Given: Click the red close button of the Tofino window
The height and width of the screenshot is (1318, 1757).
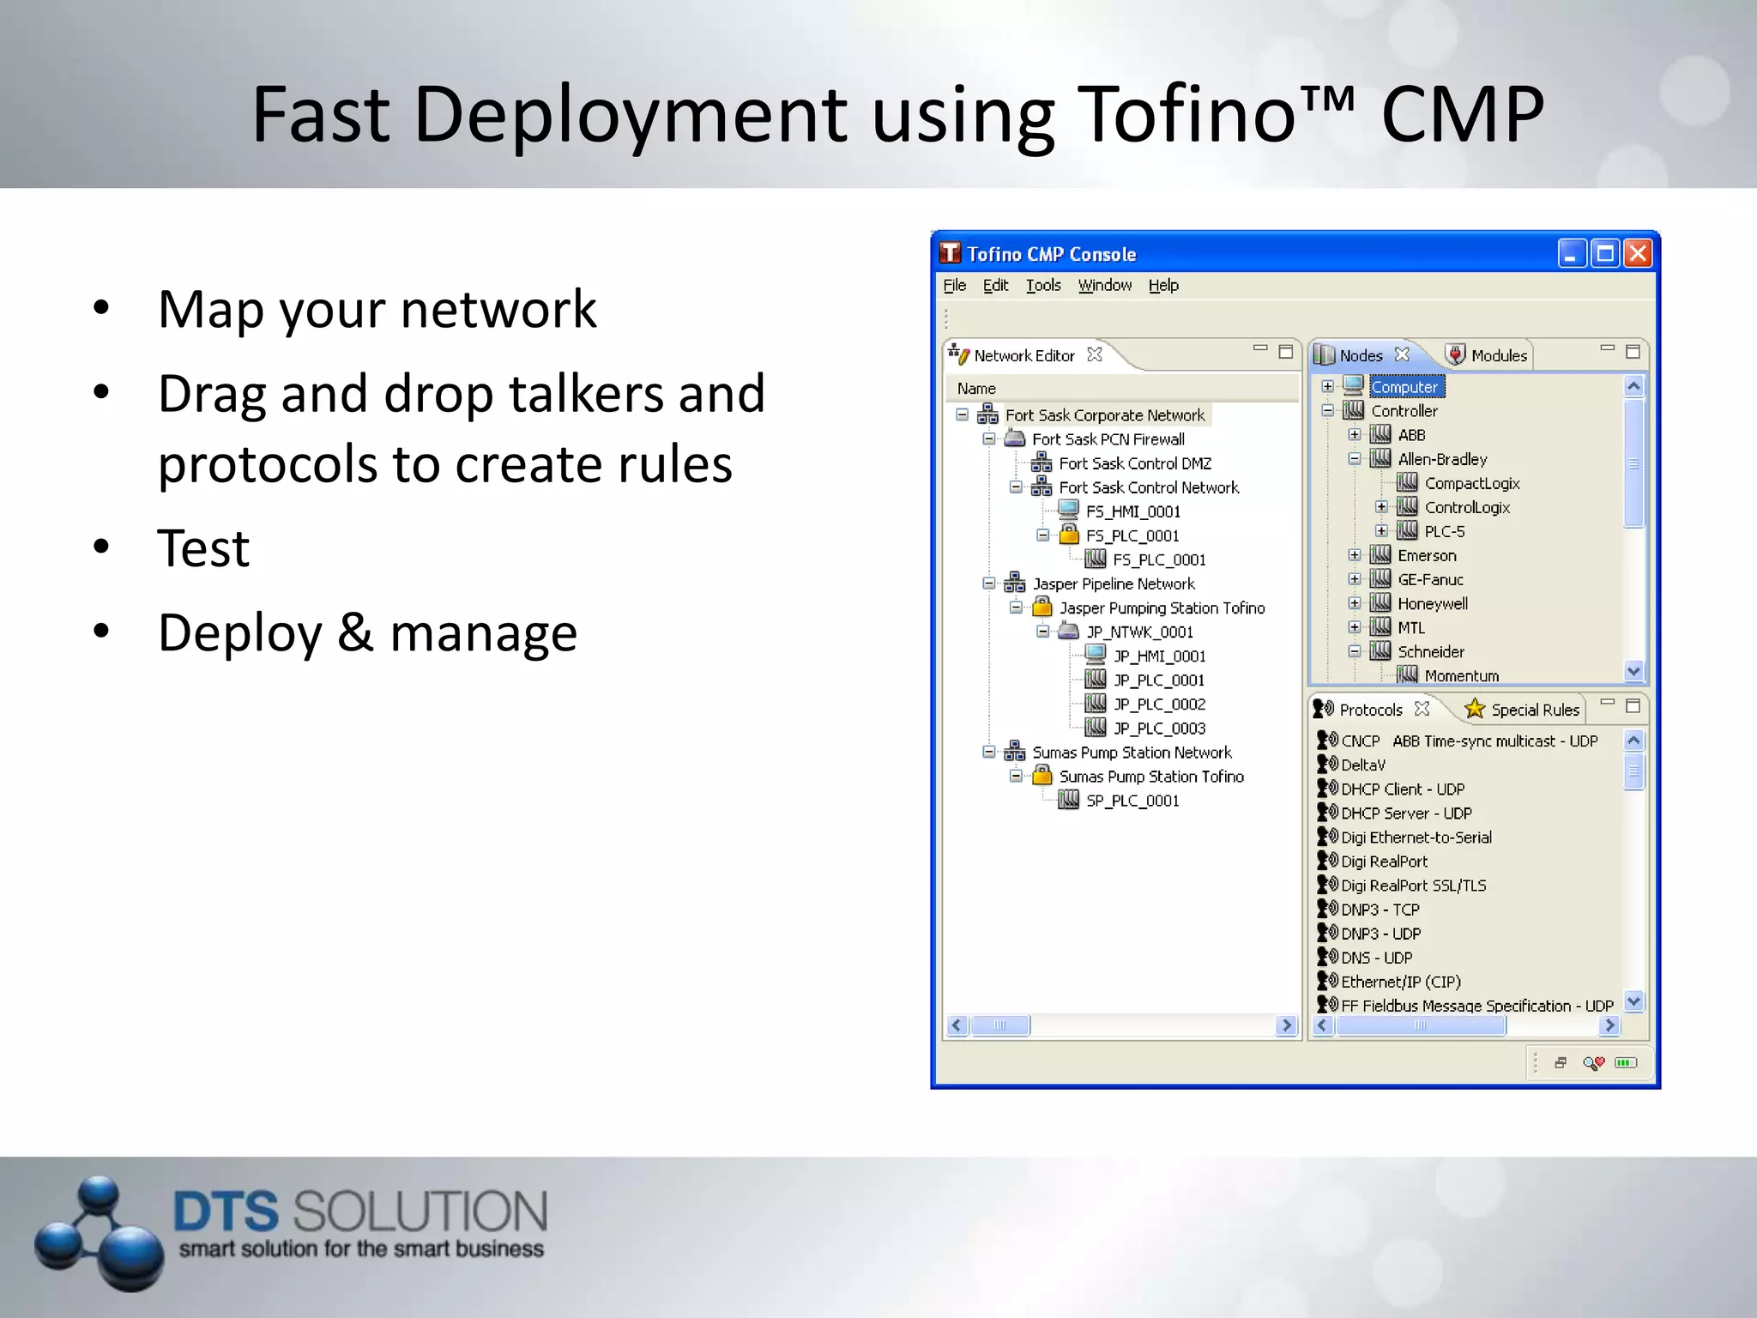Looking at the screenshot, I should coord(1638,254).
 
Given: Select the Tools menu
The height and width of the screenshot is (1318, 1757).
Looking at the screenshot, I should coord(1043,286).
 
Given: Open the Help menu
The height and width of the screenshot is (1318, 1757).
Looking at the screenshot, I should coord(1163,286).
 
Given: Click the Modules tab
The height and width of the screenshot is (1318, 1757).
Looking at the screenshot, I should coord(1498,355).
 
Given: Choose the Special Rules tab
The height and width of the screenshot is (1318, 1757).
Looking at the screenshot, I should coord(1534,710).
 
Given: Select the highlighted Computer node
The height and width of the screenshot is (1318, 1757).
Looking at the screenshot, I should coord(1404,387).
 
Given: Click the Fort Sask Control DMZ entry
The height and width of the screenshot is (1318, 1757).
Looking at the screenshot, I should coord(1134,463).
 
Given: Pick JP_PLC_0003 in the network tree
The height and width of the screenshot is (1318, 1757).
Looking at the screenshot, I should coord(1159,729).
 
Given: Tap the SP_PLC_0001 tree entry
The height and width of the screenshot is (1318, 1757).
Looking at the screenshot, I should coord(1132,801).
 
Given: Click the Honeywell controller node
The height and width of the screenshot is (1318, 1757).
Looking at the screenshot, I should coord(1432,604).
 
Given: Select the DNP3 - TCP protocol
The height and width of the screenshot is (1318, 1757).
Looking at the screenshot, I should coord(1380,910).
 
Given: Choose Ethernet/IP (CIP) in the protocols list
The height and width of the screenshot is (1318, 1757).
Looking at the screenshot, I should coord(1400,982).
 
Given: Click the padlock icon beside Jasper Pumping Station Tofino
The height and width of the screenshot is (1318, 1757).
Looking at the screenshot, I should coord(1042,608).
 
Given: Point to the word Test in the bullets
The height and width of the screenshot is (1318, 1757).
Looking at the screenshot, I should coord(203,548).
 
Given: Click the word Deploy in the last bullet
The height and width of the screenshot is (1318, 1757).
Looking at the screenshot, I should coord(239,633).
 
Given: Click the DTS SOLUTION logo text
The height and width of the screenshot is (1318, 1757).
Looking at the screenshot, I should coord(359,1212).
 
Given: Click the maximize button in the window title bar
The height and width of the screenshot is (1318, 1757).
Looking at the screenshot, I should coord(1604,254).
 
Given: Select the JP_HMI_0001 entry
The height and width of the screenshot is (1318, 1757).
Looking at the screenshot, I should coord(1159,656).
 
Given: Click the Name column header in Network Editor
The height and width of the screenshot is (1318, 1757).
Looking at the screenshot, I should coord(976,389).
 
